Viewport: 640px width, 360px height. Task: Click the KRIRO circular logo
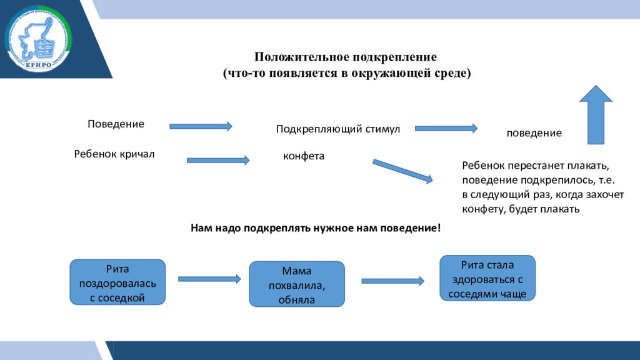tap(39, 39)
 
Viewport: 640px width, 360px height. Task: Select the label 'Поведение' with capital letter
tap(116, 124)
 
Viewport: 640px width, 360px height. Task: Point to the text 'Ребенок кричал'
tap(114, 154)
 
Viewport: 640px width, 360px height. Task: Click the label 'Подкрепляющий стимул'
tap(337, 129)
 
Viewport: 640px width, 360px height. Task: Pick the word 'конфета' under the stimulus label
tap(304, 156)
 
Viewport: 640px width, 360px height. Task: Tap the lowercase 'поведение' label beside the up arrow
tap(534, 134)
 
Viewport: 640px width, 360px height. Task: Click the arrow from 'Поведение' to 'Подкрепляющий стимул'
tap(201, 126)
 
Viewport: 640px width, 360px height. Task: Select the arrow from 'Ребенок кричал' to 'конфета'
tap(218, 160)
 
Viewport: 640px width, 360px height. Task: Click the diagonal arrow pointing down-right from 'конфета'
tap(402, 171)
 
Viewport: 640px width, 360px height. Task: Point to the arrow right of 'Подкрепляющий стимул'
tap(446, 128)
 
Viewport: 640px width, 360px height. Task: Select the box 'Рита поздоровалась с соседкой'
tap(117, 282)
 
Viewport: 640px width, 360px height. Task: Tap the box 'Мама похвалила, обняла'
tap(297, 284)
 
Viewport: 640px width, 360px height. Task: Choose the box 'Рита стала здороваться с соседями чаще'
tap(487, 278)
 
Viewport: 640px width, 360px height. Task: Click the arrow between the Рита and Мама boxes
tap(209, 279)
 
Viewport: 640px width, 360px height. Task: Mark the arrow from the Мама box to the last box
tap(392, 281)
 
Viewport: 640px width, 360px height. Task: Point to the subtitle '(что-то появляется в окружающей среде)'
tap(347, 74)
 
